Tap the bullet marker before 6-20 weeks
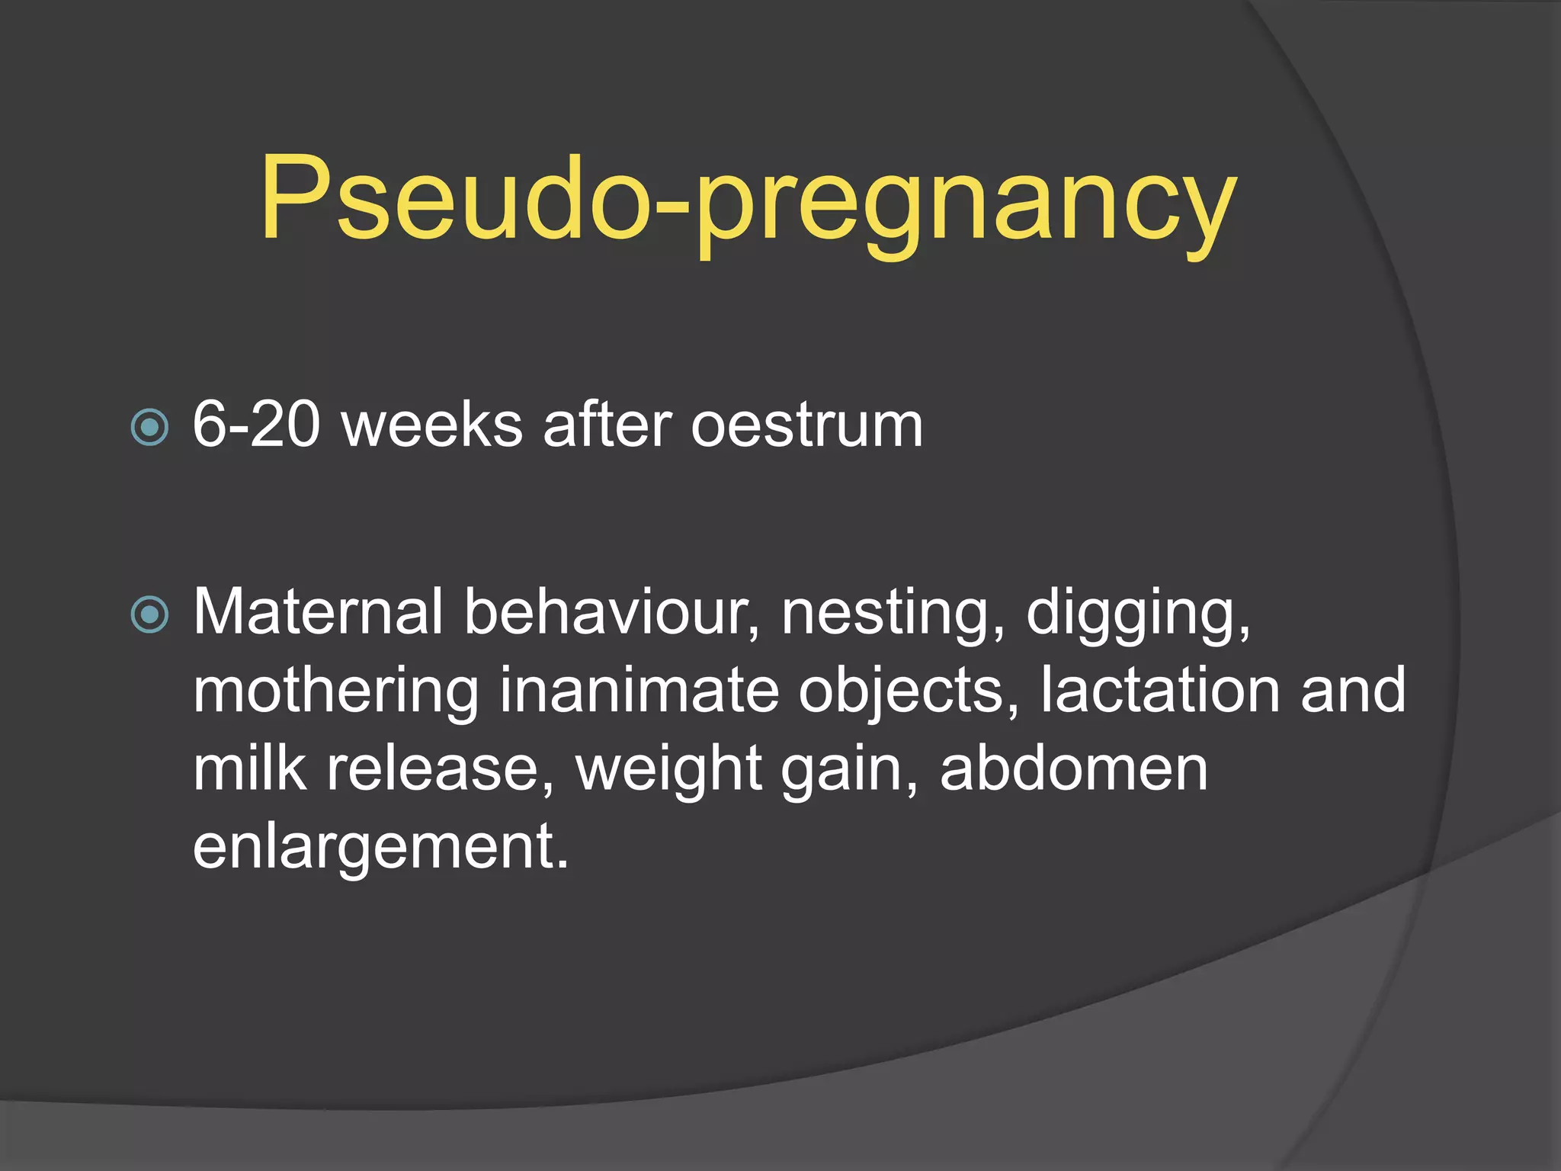click(x=149, y=427)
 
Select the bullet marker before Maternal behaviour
click(x=149, y=614)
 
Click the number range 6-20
click(x=256, y=425)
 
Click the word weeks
click(x=432, y=425)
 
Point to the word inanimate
click(x=639, y=690)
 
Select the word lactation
click(x=1160, y=690)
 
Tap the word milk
click(x=250, y=768)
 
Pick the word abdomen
click(x=1074, y=768)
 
